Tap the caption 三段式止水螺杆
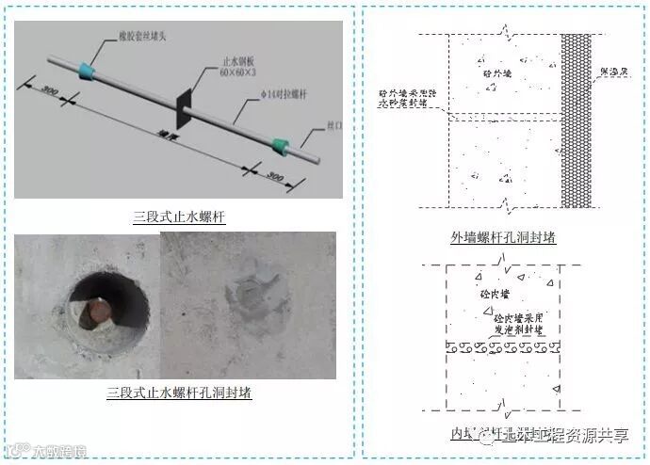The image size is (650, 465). click(176, 216)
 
